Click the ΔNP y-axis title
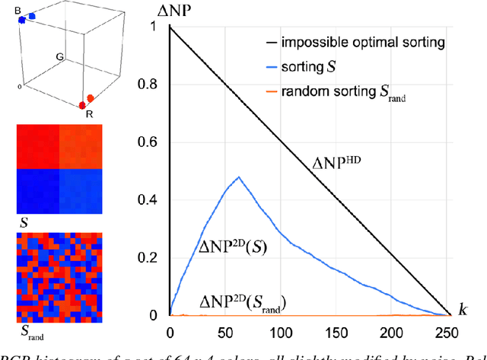click(x=173, y=10)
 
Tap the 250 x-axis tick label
click(x=448, y=333)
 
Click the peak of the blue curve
click(x=239, y=177)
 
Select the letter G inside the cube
click(x=59, y=56)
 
